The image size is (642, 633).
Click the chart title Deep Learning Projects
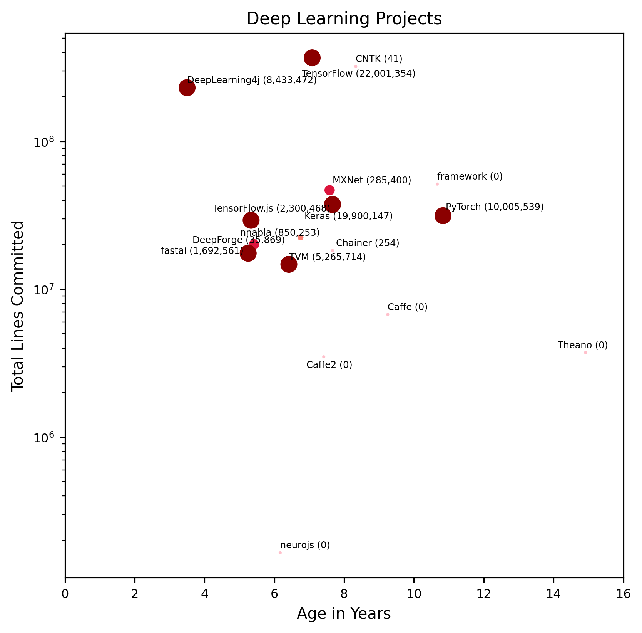(344, 19)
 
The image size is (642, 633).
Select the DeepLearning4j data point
(187, 88)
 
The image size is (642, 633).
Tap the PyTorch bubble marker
(443, 216)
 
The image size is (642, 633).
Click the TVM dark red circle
(289, 264)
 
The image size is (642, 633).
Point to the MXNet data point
(329, 190)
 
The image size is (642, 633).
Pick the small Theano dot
(585, 353)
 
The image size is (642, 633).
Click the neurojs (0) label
(305, 545)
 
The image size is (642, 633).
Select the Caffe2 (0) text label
(329, 364)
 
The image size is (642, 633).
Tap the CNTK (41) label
(379, 59)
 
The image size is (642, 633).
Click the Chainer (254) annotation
(367, 243)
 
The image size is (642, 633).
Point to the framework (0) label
(470, 176)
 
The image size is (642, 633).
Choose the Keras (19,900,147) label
(348, 216)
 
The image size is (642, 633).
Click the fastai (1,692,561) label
(202, 251)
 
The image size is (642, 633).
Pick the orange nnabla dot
(300, 237)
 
